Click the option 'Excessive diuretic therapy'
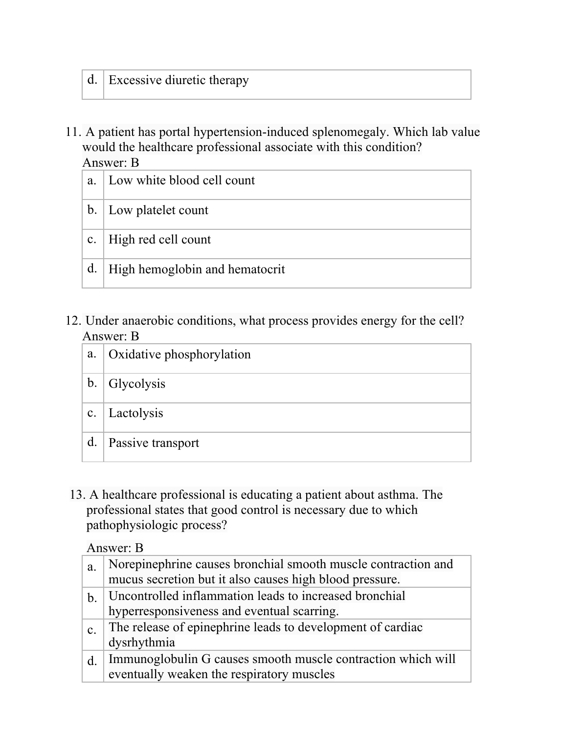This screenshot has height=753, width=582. coord(179,80)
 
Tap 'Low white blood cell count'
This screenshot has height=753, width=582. coord(181,180)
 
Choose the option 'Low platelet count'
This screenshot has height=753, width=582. coord(158,210)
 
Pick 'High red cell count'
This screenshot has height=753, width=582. coord(159,240)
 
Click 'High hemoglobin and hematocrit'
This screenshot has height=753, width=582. coord(196,269)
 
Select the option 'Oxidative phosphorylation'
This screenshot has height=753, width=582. coord(179,354)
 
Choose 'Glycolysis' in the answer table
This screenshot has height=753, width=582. coord(137,384)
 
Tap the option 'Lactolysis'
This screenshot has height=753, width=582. coord(135,413)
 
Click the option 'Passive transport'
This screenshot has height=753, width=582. coord(154,443)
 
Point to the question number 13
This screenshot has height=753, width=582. coord(77,495)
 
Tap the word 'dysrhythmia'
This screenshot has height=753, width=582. coord(141,642)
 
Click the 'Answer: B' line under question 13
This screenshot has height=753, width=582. coord(115,548)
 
